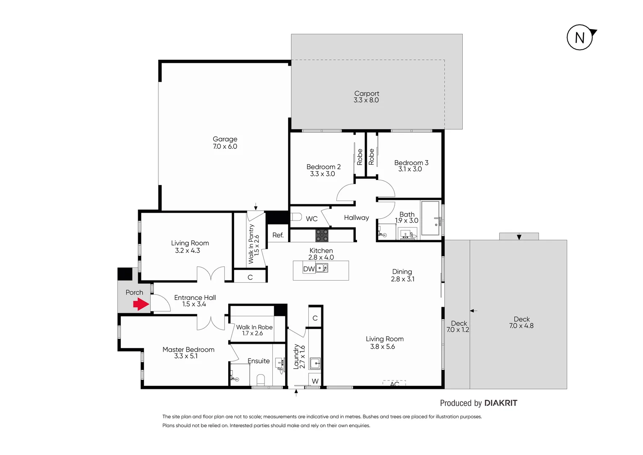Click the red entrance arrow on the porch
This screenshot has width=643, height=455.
tap(141, 304)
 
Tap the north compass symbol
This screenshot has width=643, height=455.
tap(580, 38)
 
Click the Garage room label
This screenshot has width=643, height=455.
tap(225, 139)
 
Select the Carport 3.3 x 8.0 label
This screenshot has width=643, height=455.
tap(366, 97)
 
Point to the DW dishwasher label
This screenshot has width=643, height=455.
tap(309, 269)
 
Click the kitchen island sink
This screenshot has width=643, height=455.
tap(322, 268)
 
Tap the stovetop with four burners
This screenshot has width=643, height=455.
tap(322, 235)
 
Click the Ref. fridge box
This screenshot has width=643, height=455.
tap(278, 235)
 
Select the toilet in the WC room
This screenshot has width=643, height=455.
tap(296, 217)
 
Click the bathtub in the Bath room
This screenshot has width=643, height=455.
tap(430, 218)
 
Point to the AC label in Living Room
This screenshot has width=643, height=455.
tap(395, 384)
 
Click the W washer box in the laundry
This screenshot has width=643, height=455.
tap(315, 381)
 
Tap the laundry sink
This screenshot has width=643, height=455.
tap(315, 363)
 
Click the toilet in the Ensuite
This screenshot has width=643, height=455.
tap(261, 380)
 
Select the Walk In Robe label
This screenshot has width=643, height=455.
tap(254, 327)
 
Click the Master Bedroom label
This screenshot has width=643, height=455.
tap(188, 349)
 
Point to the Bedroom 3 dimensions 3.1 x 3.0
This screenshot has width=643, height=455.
tap(410, 169)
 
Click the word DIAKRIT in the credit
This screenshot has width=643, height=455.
tap(501, 403)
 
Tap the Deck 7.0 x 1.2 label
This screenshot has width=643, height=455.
tap(458, 327)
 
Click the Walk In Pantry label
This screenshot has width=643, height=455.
tap(251, 244)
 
